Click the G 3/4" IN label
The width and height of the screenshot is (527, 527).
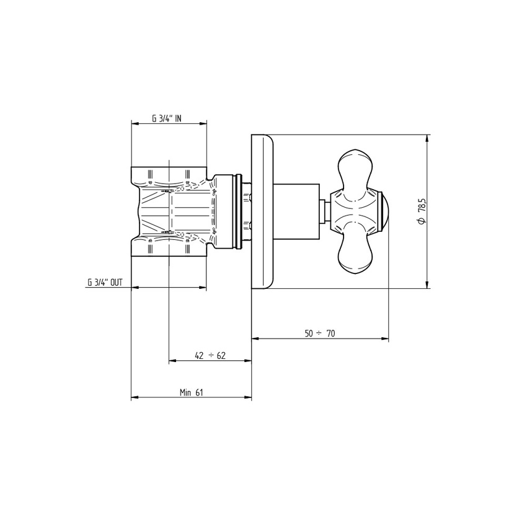167,118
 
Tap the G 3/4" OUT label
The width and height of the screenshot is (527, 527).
105,282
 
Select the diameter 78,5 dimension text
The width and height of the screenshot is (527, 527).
421,211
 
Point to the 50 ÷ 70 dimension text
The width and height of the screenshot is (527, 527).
320,334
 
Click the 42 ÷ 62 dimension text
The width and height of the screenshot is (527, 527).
210,356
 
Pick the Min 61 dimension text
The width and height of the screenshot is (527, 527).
191,392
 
